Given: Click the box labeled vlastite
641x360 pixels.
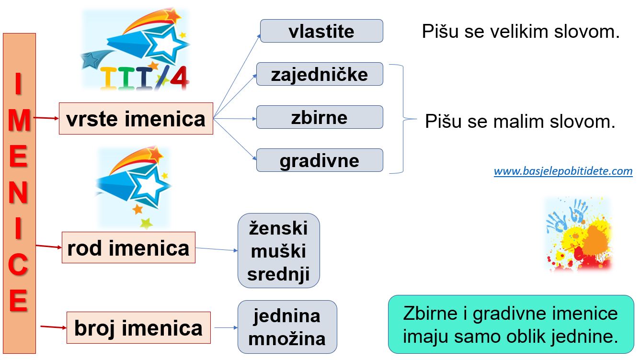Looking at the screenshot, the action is point(321,31).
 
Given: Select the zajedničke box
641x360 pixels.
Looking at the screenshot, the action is point(320,74).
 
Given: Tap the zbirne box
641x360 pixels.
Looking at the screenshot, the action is point(320,117).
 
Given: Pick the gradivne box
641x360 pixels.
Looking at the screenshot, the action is point(320,160).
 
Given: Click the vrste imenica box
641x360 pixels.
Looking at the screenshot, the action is point(136,118).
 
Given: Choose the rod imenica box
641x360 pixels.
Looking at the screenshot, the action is point(128,247).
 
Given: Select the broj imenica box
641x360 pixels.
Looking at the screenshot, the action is point(138,328).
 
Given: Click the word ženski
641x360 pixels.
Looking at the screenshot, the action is point(278,228).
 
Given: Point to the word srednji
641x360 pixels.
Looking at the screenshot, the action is point(278,274).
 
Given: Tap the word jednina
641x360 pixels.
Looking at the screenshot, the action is point(287,316).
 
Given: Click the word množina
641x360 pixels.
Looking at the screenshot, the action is point(287,339).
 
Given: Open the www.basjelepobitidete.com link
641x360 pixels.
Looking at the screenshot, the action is point(563,171).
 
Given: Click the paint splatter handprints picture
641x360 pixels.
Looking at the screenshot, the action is point(579,234).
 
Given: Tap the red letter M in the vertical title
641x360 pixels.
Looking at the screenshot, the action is point(19,120).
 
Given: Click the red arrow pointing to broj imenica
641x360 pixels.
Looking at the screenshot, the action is point(54,327).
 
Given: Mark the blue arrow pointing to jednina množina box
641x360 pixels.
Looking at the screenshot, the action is point(226,328).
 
